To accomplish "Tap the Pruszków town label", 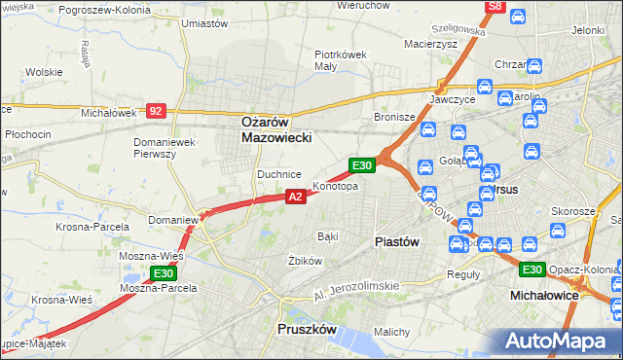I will pos(307,330).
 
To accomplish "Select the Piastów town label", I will pos(397,242).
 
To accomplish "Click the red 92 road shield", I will pos(156,111).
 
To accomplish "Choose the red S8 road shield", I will pos(495,7).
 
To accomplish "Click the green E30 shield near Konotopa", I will pos(362,166).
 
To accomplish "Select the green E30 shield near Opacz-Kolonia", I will pos(531,270).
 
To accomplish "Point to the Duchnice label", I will pos(278,173).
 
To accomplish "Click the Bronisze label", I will pos(395,117).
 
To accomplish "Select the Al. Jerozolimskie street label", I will pos(357,289).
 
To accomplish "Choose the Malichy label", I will pos(391,332).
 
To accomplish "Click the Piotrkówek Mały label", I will pos(340,60).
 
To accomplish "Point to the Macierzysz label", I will pos(430,44).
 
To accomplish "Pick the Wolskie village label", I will pos(44,72).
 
